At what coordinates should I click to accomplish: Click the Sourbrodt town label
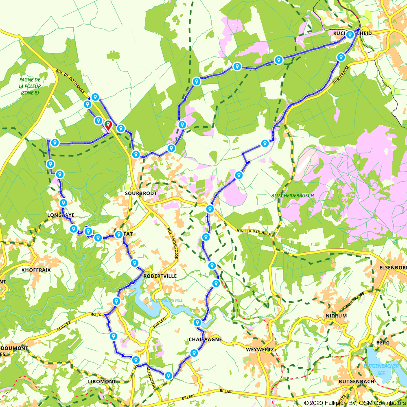point(141,193)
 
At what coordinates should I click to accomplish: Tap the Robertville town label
point(160,276)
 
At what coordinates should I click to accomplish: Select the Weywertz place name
point(260,349)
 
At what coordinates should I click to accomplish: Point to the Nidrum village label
point(336,315)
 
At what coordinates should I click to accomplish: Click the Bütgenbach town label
point(353,381)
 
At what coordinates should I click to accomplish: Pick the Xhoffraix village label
point(36,269)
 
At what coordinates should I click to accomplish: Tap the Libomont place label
point(102,381)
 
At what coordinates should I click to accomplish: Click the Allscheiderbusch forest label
point(293,195)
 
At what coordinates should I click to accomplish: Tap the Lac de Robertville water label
point(166,300)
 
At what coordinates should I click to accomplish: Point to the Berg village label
point(383,343)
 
